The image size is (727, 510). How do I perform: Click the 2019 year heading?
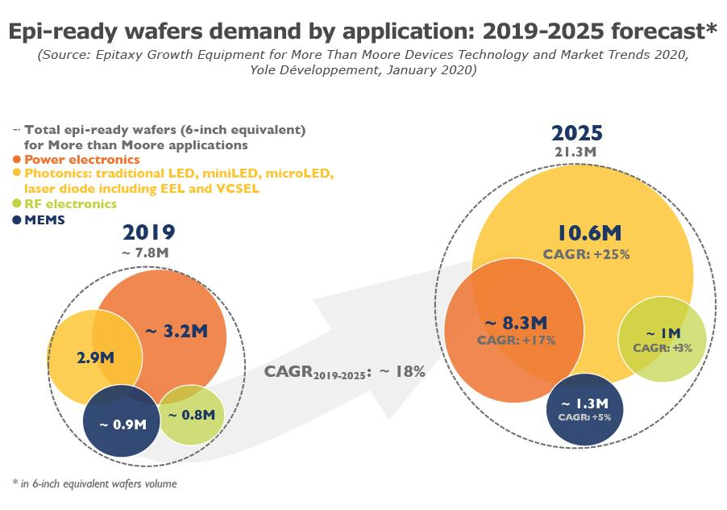(x=149, y=234)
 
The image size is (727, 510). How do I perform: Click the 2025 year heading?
(x=577, y=133)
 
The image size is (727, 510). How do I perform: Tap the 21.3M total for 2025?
(x=576, y=152)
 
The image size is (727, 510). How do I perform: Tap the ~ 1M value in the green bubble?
(x=663, y=332)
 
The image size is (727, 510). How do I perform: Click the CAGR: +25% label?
(x=590, y=254)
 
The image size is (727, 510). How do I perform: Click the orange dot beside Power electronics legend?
(x=17, y=160)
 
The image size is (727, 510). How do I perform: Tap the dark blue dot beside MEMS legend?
(x=17, y=219)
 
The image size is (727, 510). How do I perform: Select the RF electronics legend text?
(x=70, y=204)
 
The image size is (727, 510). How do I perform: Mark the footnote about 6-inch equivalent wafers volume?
(x=95, y=484)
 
